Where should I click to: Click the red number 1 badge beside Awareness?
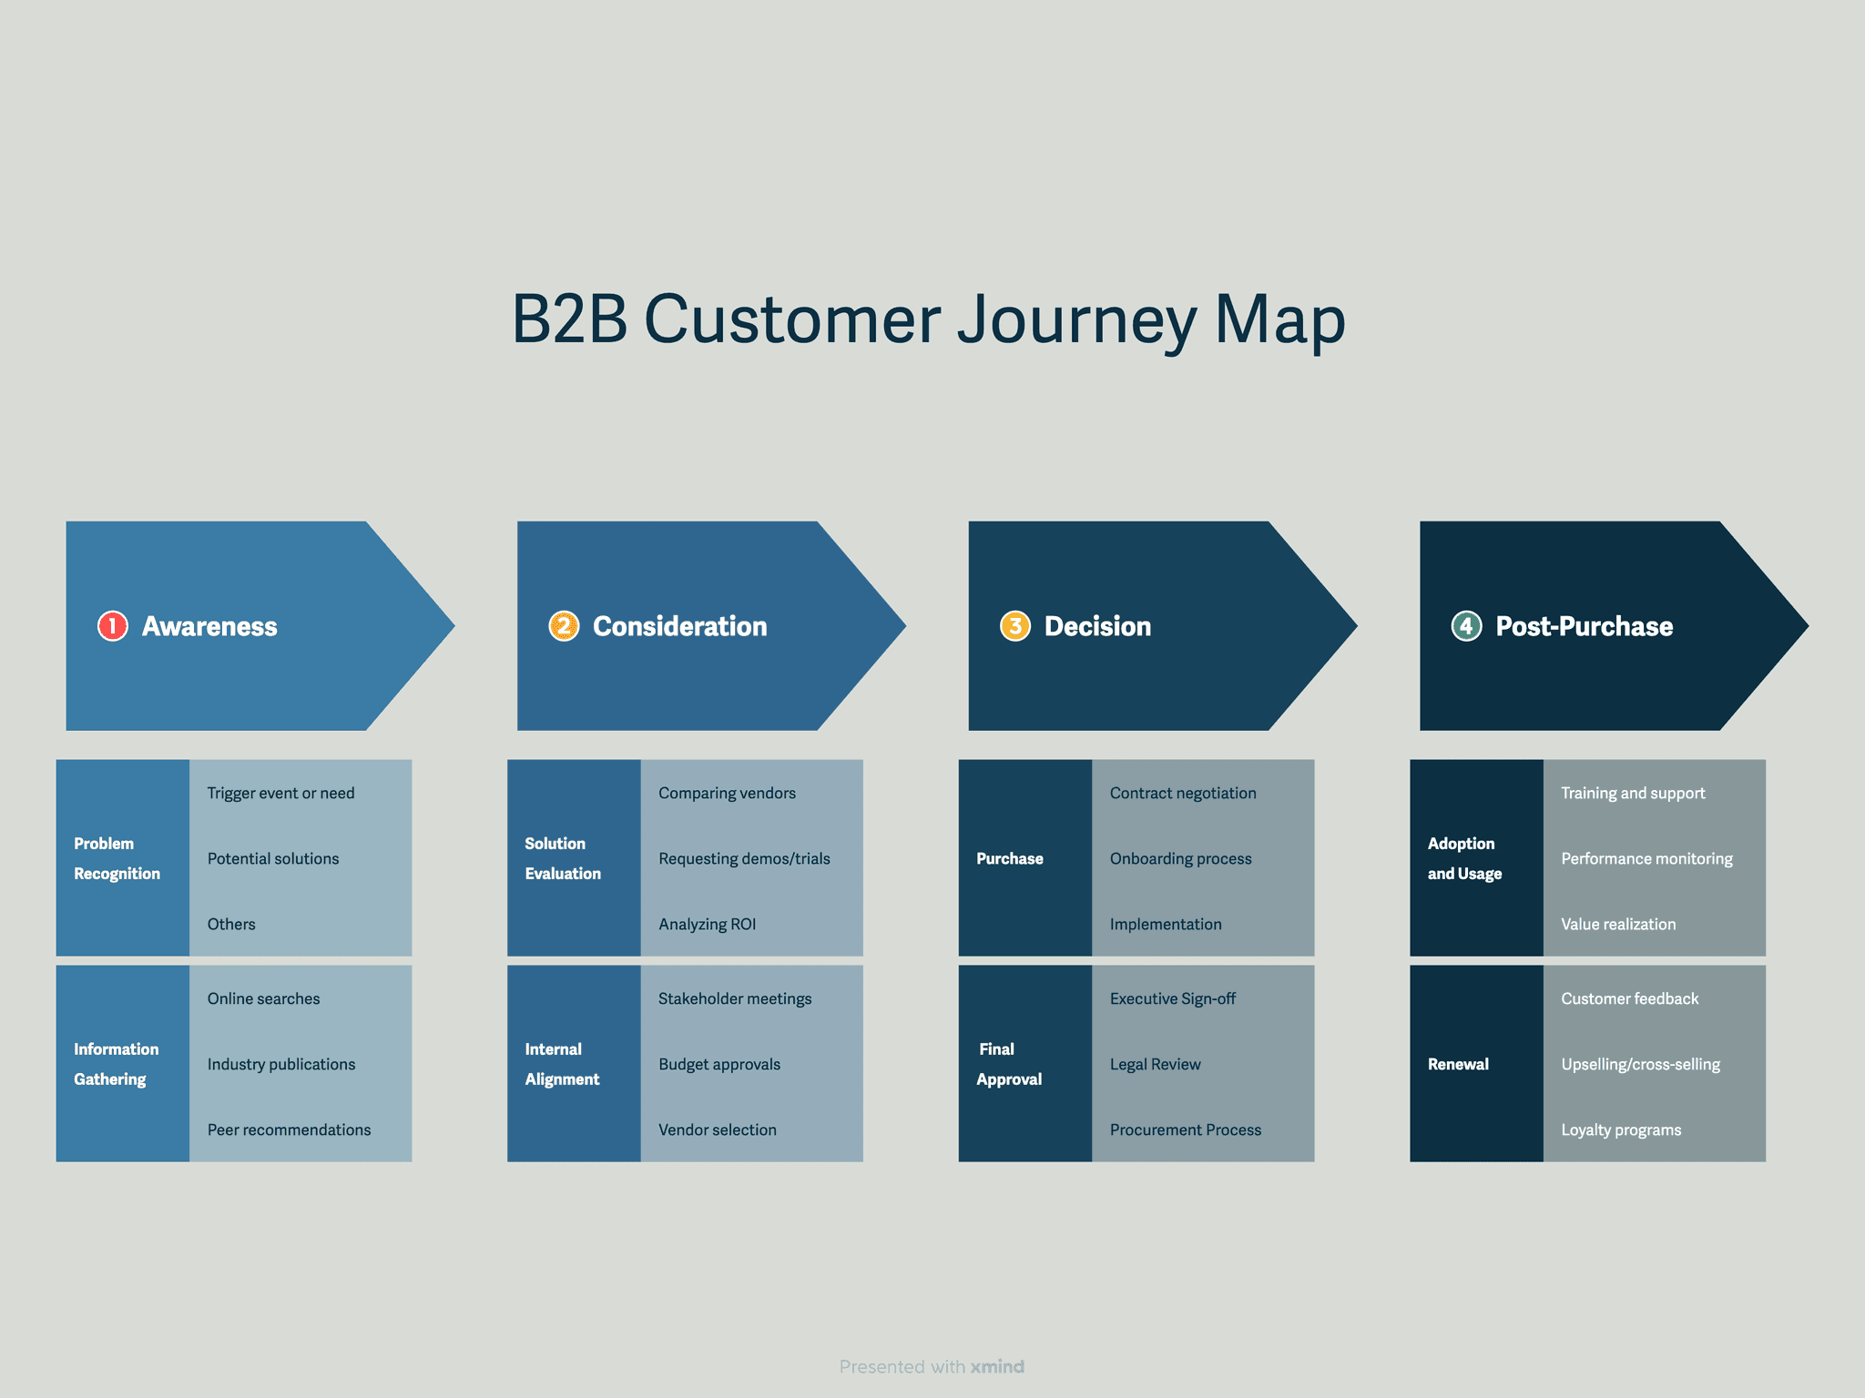click(112, 626)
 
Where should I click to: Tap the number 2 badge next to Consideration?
click(564, 626)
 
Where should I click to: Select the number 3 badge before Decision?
click(1014, 626)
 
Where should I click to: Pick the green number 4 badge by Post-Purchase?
click(1466, 626)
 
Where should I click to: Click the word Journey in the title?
click(1076, 320)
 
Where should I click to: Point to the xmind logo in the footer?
click(997, 1366)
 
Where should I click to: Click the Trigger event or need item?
click(280, 793)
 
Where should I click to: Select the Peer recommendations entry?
click(289, 1130)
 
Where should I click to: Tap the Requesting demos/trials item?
click(744, 858)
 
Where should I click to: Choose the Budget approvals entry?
click(719, 1064)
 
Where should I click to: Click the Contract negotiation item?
click(1183, 793)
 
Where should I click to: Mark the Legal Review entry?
click(1155, 1064)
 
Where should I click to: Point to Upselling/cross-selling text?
click(1640, 1064)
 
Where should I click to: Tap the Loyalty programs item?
click(1621, 1130)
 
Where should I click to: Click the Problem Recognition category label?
click(117, 858)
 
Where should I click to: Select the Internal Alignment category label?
click(562, 1064)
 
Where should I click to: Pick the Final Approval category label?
click(1009, 1064)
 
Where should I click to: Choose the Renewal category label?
click(1458, 1064)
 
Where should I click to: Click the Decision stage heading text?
click(1097, 626)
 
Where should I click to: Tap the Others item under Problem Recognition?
click(231, 924)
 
